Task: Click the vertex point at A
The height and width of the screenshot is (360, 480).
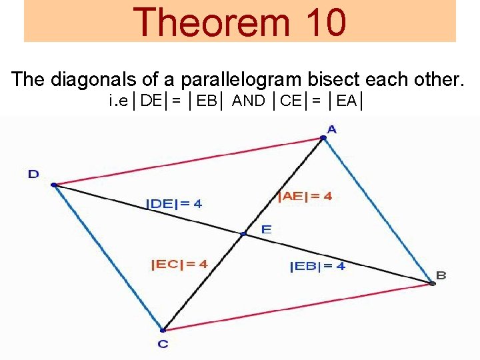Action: pos(323,138)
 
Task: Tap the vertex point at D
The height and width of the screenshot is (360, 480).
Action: pos(53,185)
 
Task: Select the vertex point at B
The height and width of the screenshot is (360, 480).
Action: pos(432,283)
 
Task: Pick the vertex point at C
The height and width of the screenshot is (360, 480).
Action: pos(163,329)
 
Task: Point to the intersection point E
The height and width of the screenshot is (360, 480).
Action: pos(244,233)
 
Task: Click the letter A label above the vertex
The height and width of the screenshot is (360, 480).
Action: pos(331,129)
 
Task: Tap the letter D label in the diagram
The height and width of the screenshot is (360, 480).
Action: pos(33,175)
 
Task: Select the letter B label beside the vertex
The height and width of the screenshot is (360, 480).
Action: pos(441,275)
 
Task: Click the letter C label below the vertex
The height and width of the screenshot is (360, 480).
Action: pos(163,344)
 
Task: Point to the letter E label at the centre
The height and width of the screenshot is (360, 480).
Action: pos(266,229)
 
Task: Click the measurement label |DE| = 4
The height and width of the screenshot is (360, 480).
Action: pos(174,204)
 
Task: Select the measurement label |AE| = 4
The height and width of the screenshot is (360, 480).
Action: pos(305,196)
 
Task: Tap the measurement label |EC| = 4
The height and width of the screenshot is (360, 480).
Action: pos(179,264)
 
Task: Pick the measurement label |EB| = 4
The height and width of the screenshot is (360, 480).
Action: pos(317,267)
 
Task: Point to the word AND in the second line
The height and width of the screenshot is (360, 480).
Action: pos(248,102)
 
